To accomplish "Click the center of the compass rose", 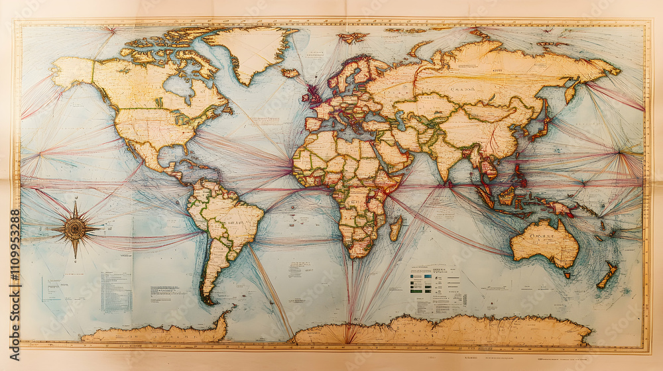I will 74,229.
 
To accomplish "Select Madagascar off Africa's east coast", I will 395,228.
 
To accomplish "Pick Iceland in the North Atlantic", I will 290,72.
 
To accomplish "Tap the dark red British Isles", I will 311,95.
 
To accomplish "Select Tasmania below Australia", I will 566,274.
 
